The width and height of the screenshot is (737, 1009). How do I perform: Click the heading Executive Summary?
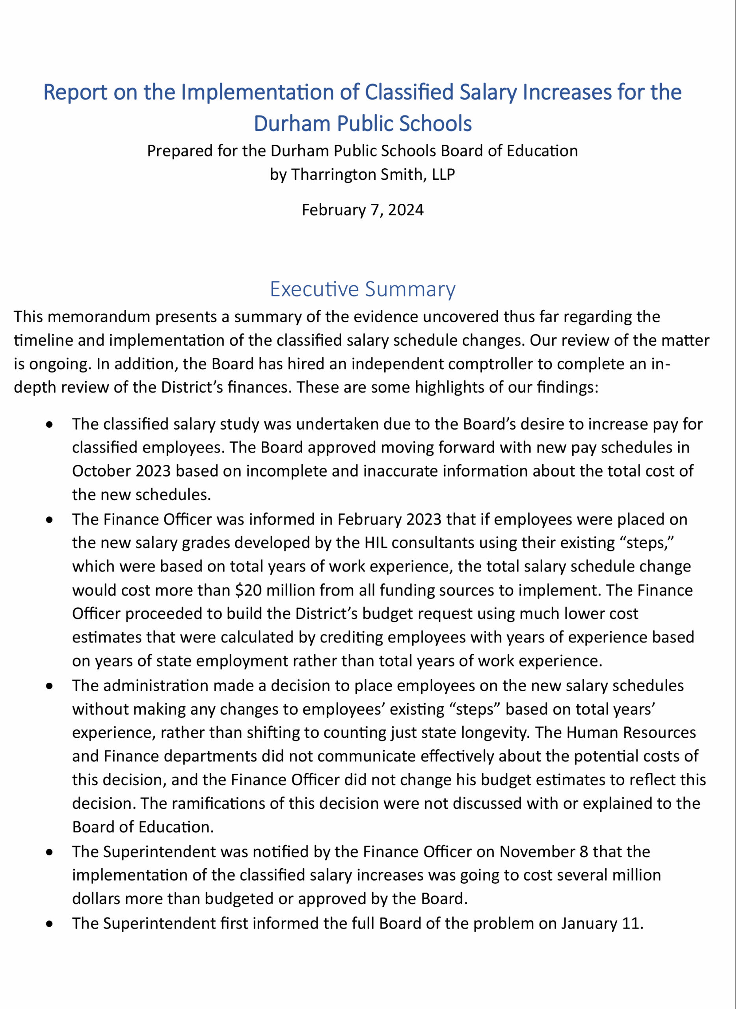[x=362, y=289]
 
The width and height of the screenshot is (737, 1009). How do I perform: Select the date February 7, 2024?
[x=362, y=210]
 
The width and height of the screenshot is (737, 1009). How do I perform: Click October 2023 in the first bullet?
[x=121, y=471]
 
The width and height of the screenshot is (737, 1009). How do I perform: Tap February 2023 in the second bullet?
[x=389, y=519]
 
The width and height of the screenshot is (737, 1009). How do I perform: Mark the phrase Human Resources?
[x=619, y=732]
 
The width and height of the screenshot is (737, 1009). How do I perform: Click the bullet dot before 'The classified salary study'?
[x=50, y=424]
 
